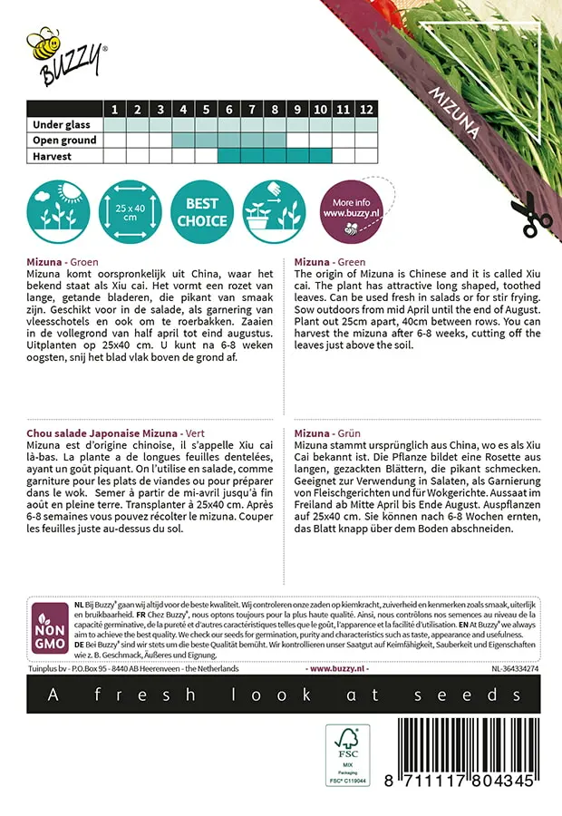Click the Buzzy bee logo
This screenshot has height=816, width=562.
coord(65,55)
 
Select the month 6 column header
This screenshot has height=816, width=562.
coord(228,110)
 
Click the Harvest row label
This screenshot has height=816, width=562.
coord(53,156)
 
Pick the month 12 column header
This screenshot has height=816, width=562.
coord(365,110)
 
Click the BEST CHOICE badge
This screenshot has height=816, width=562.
coord(202,209)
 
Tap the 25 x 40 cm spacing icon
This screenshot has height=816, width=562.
coord(128,209)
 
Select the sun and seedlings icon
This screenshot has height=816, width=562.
coord(56,209)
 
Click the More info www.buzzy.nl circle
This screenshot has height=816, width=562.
coord(349,209)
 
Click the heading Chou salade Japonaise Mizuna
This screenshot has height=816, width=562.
coord(102,433)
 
